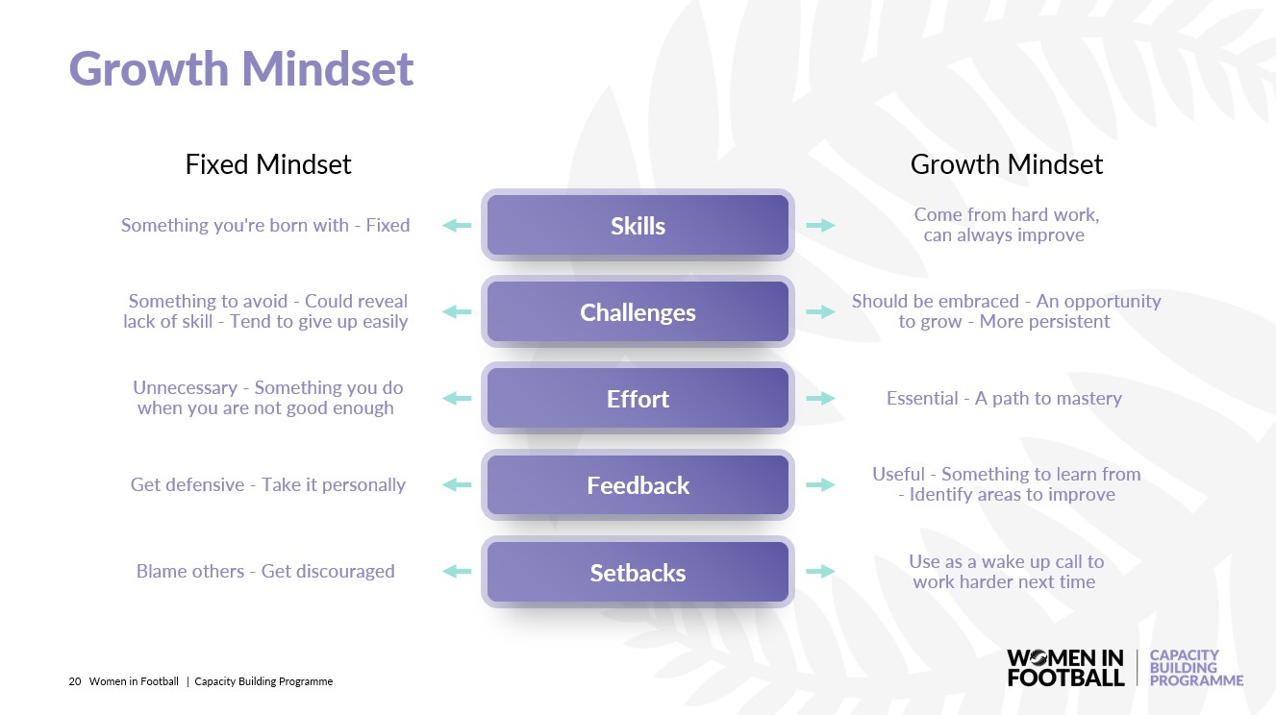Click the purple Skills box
(x=638, y=225)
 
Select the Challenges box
(x=638, y=311)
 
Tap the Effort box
(x=638, y=398)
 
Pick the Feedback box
(x=638, y=484)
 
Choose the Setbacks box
(x=638, y=572)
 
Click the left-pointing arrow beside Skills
(x=457, y=226)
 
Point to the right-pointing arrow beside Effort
(x=820, y=399)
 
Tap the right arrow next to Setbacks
(x=820, y=571)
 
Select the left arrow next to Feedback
(x=457, y=485)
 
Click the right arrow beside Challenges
(x=820, y=312)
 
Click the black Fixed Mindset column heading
(x=268, y=164)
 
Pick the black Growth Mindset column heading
(x=1007, y=164)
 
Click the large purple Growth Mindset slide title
(x=241, y=68)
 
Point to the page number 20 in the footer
(x=75, y=681)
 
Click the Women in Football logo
(x=1065, y=668)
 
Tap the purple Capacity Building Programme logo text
(x=1195, y=668)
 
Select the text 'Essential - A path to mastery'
(x=1004, y=399)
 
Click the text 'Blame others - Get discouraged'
(x=265, y=571)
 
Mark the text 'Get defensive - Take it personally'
(x=267, y=485)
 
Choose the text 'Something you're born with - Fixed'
(x=265, y=226)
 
